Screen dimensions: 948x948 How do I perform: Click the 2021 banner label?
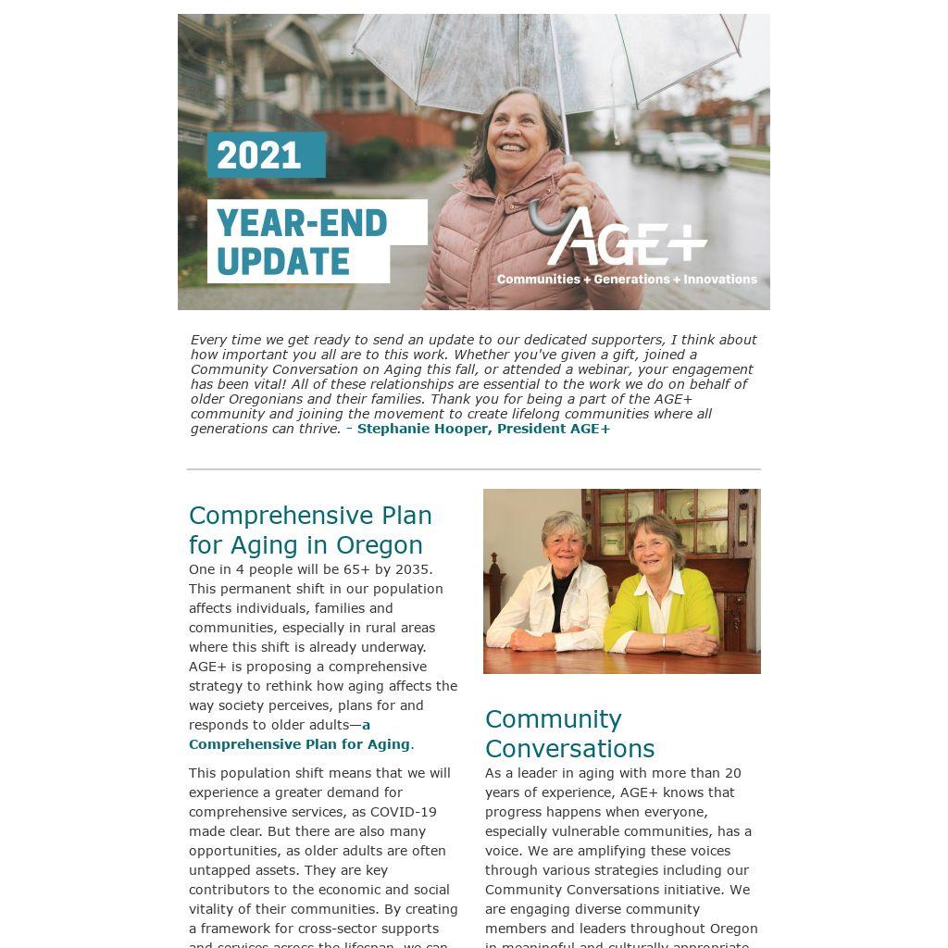click(266, 155)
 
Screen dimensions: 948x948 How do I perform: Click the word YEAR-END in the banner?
click(302, 223)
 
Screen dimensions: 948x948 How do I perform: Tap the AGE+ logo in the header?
click(628, 237)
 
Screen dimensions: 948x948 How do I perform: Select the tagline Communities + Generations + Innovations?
click(627, 279)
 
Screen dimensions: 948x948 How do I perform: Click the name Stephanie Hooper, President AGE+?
click(483, 429)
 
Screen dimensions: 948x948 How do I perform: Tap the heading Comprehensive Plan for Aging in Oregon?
click(310, 530)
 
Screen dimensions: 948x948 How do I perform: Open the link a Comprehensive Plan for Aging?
click(300, 743)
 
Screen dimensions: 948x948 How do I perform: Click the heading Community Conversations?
click(569, 733)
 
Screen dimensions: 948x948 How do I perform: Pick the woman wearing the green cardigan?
click(659, 592)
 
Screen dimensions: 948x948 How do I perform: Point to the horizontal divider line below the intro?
click(474, 469)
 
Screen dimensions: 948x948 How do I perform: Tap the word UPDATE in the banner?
click(283, 262)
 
